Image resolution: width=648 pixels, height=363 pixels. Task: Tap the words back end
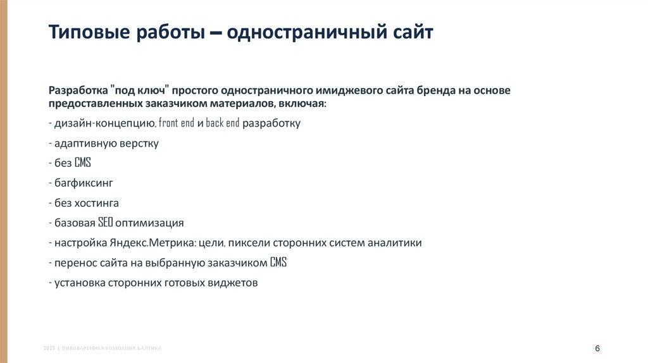223,123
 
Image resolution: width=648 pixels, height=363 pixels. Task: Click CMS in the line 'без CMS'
83,163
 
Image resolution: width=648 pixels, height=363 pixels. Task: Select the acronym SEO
105,223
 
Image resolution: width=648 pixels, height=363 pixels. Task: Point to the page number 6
597,349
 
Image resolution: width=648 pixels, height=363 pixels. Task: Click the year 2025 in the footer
49,348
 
